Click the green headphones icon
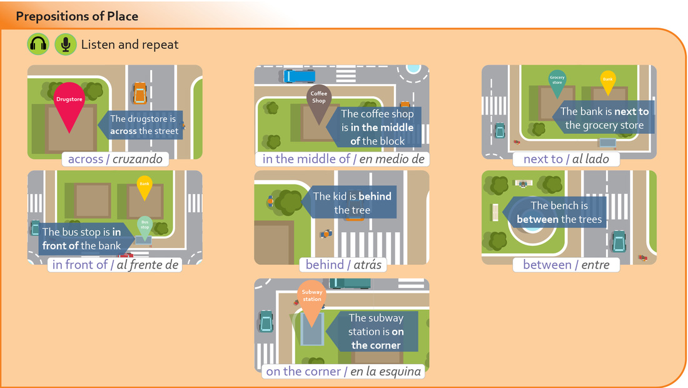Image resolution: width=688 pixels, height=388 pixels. [38, 44]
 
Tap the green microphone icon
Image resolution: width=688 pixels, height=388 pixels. [65, 44]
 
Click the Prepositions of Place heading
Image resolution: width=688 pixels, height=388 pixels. [77, 16]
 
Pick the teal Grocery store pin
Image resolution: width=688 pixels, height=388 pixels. [557, 82]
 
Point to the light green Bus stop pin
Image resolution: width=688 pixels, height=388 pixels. [144, 225]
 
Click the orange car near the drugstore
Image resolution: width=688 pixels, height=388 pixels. [139, 93]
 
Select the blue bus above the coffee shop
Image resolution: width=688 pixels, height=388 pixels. [299, 76]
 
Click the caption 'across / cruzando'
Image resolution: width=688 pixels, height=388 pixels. [115, 159]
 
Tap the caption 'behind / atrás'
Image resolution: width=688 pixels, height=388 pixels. [341, 265]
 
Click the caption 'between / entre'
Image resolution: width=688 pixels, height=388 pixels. [567, 265]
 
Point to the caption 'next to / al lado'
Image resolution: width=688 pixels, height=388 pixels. [566, 159]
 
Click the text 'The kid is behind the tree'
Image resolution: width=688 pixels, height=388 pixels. [352, 203]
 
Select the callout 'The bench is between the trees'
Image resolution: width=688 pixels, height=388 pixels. [559, 212]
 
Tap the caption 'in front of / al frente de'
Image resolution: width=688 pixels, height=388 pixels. [115, 265]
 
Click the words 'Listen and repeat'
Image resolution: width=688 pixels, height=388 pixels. [129, 45]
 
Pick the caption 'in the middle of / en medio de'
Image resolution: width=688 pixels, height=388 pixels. [343, 159]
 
